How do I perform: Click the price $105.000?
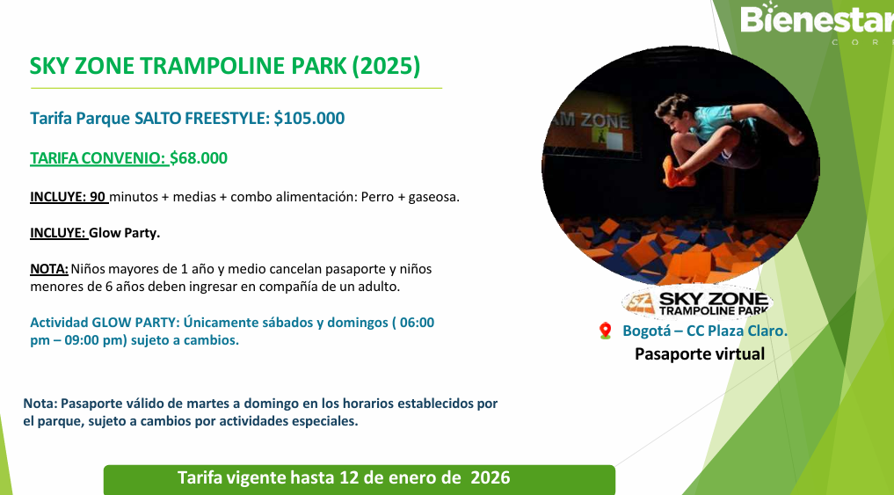[309, 118]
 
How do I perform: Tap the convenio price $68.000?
[199, 158]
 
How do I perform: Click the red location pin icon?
[606, 331]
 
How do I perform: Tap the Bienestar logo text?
[817, 18]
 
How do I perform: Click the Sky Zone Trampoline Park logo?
[697, 302]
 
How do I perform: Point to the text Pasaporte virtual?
[700, 353]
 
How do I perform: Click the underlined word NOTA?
[49, 268]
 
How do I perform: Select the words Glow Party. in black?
[124, 233]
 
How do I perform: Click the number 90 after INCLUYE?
[98, 197]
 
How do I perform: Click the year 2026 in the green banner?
[490, 477]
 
